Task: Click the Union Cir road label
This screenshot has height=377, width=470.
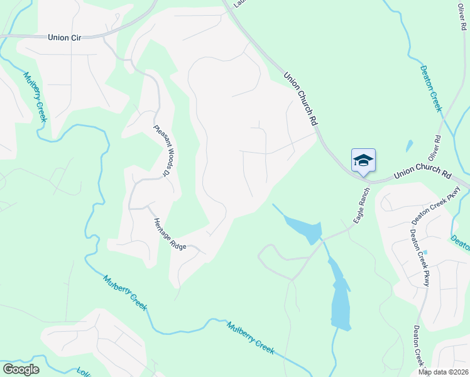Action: (65, 38)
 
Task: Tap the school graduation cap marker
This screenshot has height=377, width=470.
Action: (363, 160)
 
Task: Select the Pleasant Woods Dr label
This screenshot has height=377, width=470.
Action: (162, 149)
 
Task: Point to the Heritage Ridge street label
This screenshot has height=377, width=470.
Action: (170, 234)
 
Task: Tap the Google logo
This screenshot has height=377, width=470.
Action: (21, 369)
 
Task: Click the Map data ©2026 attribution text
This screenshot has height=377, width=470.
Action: (444, 372)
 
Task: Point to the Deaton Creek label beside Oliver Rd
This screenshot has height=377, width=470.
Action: (432, 89)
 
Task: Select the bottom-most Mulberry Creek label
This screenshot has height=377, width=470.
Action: (251, 338)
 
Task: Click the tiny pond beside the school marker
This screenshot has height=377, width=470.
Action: (410, 146)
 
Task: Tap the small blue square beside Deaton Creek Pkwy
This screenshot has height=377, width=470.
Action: (425, 253)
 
